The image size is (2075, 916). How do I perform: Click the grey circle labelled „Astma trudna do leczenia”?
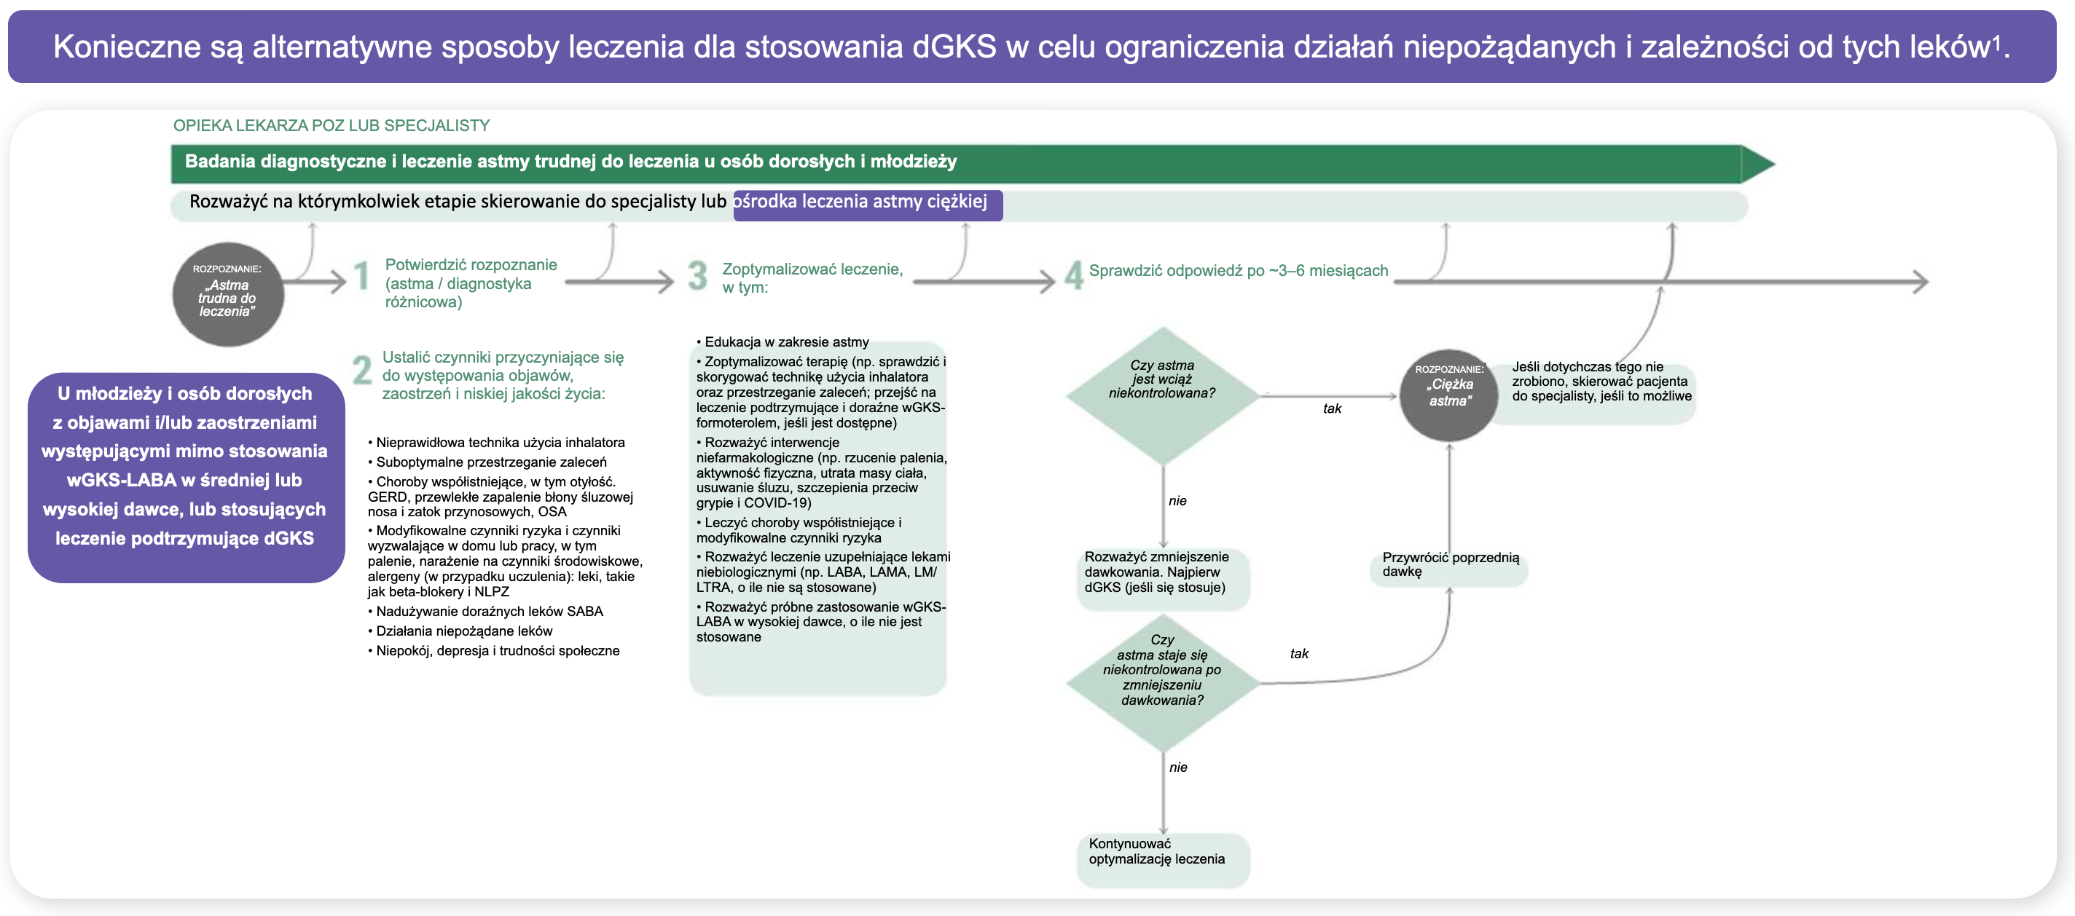click(x=228, y=295)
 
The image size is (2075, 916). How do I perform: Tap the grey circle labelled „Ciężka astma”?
click(x=1448, y=395)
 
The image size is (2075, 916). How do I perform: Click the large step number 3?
click(x=697, y=276)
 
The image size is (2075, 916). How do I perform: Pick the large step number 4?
click(x=1073, y=276)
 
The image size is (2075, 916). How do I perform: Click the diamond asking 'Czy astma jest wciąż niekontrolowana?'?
click(x=1161, y=395)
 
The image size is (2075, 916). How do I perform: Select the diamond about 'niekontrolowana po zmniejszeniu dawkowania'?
click(x=1161, y=682)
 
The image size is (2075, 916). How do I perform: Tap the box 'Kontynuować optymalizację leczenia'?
click(x=1161, y=859)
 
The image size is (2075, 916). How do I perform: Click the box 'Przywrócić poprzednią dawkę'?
click(x=1448, y=566)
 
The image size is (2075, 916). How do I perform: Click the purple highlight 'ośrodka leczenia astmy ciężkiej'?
click(x=867, y=204)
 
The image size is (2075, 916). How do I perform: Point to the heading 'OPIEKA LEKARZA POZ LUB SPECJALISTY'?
click(x=331, y=125)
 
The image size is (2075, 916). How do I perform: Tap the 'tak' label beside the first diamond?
click(x=1332, y=409)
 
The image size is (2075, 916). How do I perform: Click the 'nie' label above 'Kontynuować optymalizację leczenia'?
click(x=1177, y=767)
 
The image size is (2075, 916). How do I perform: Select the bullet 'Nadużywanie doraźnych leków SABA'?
click(x=489, y=612)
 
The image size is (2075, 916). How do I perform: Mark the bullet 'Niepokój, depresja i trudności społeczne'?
click(x=497, y=651)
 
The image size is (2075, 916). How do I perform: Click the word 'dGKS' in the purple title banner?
click(x=954, y=47)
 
